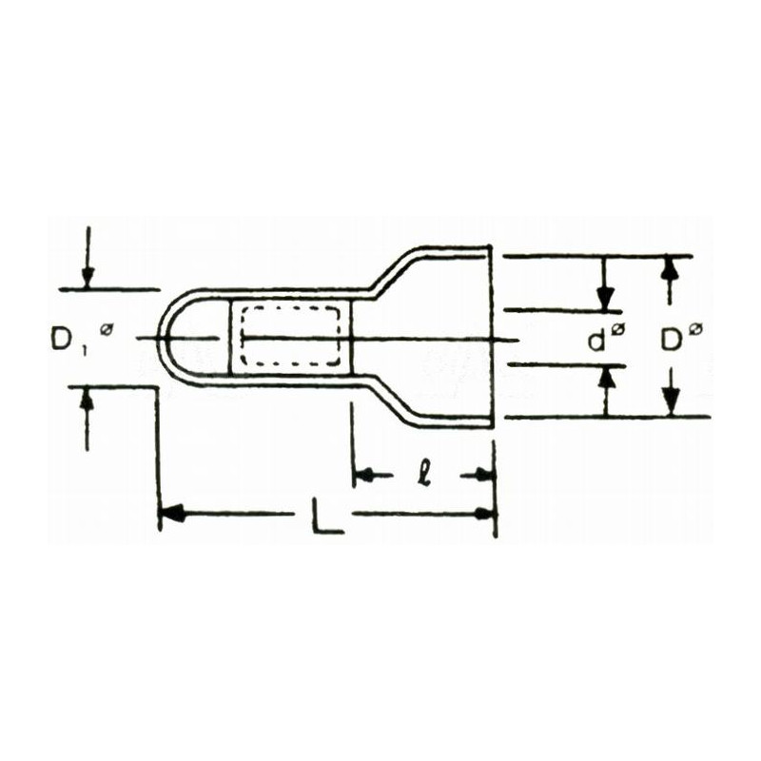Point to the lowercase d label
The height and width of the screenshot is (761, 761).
[596, 340]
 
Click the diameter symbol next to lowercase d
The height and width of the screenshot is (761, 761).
[618, 329]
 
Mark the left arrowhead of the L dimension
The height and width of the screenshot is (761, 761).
[170, 515]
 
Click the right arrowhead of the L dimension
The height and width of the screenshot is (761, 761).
[486, 515]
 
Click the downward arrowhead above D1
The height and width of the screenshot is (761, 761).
[88, 277]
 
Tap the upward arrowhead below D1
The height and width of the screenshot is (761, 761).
[88, 399]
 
